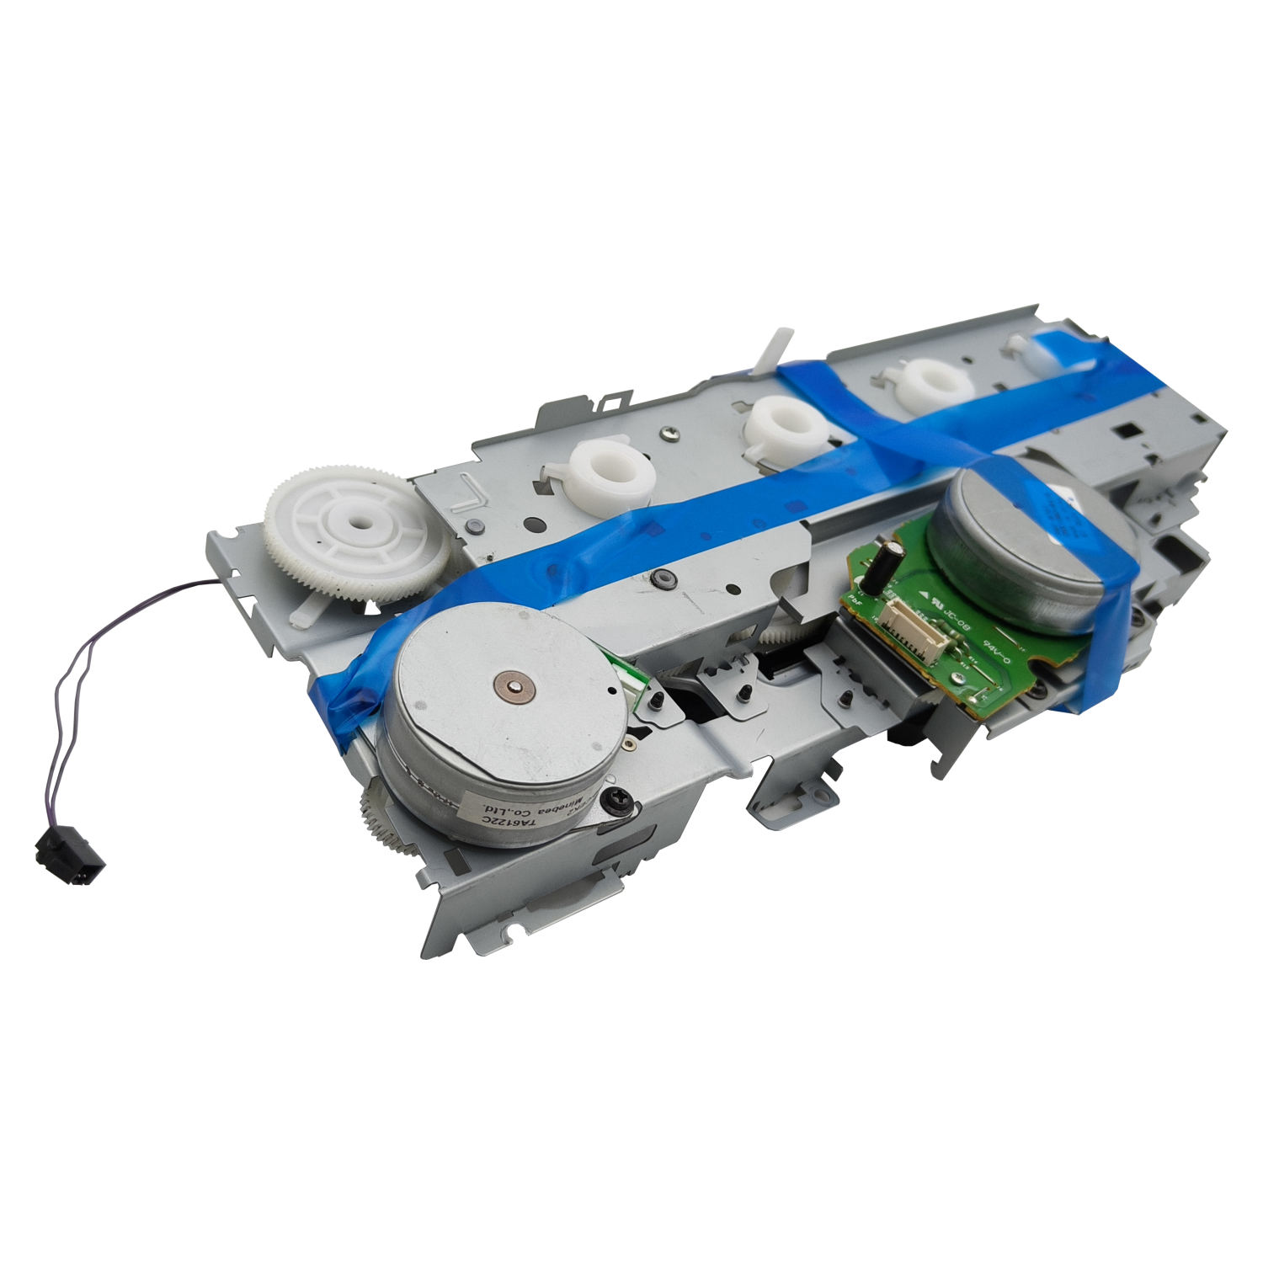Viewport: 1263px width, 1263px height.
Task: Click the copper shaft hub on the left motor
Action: pyautogui.click(x=514, y=685)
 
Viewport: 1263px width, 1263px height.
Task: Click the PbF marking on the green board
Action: pyautogui.click(x=857, y=600)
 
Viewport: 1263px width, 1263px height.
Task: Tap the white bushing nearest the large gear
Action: pyautogui.click(x=612, y=474)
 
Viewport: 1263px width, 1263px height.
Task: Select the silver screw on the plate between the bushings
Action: pyautogui.click(x=669, y=434)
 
